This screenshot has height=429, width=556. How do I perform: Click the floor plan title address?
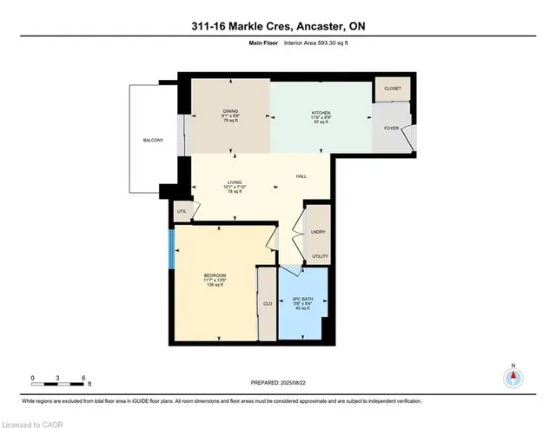279,27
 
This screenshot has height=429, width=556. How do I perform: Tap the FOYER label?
391,129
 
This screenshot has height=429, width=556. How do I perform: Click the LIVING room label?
230,182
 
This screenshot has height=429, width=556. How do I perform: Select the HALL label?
301,176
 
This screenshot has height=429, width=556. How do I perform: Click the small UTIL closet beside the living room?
182,210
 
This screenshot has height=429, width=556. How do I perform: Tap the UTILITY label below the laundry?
319,256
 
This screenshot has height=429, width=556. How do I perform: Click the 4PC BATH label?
302,300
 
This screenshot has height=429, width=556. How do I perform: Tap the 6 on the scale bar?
82,378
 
